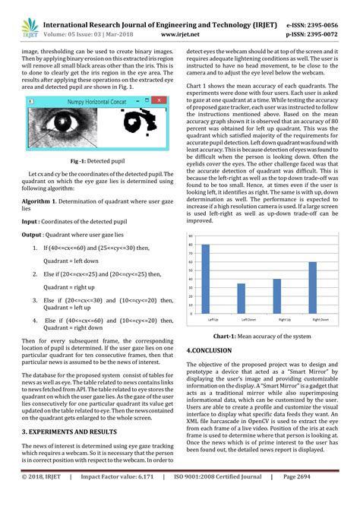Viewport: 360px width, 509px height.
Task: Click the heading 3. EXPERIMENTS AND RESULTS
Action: [x=80, y=431]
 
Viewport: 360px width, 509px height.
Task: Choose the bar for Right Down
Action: [x=312, y=286]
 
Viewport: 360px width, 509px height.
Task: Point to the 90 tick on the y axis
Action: [x=191, y=236]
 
